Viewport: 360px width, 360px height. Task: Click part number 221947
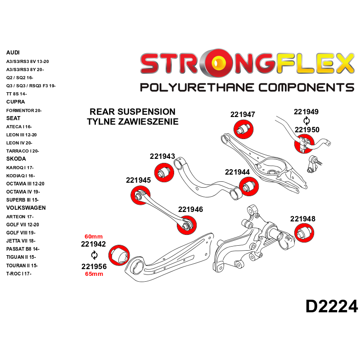(243, 114)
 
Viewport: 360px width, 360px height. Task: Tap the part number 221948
(302, 219)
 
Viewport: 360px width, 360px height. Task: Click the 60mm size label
(94, 236)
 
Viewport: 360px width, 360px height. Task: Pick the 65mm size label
(94, 274)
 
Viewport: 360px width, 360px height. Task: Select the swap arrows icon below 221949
(306, 121)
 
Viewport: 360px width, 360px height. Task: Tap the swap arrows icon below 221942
(94, 255)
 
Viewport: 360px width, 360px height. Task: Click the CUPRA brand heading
(16, 102)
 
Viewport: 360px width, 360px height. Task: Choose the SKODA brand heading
(16, 159)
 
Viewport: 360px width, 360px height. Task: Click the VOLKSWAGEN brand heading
(26, 208)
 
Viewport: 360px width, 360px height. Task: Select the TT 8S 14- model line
(17, 94)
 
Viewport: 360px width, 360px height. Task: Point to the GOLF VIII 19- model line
(21, 233)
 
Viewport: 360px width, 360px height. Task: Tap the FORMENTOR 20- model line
(24, 110)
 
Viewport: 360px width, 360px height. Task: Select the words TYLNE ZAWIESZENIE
(132, 121)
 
